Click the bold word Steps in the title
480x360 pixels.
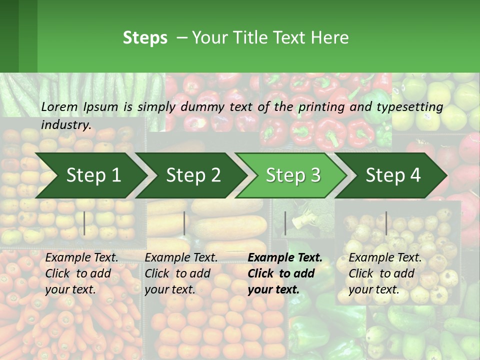click(145, 38)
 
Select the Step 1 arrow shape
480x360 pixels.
click(90, 175)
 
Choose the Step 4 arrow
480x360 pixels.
click(392, 175)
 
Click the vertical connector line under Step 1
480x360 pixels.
click(84, 223)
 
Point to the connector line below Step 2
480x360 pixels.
click(184, 223)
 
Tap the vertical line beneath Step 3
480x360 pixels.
click(285, 223)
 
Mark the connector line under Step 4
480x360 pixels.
click(386, 223)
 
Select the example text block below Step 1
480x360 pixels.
click(81, 273)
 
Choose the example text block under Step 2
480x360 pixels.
click(181, 273)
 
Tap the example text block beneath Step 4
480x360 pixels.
click(385, 273)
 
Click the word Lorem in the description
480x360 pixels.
click(59, 106)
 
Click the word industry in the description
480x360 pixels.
click(65, 125)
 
